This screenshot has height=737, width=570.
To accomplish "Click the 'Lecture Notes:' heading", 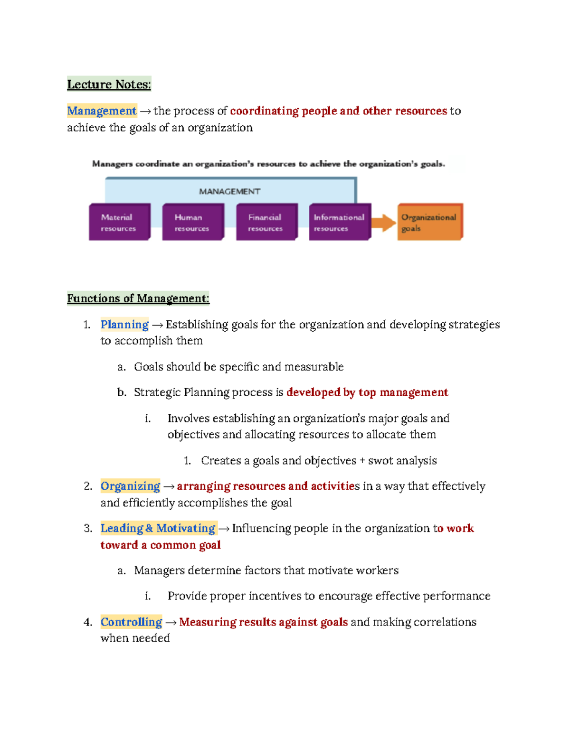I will (x=109, y=84).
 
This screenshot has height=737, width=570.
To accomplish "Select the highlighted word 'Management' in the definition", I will (x=102, y=111).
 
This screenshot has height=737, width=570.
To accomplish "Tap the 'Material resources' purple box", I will (x=119, y=222).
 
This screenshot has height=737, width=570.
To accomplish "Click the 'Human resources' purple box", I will (x=192, y=222).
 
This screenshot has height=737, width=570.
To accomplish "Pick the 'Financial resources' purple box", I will (x=266, y=222).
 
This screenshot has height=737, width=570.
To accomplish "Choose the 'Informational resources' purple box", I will (x=339, y=222).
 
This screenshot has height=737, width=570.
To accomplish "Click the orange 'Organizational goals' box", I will (x=429, y=222).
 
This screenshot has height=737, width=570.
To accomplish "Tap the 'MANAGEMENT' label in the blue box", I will (x=229, y=192).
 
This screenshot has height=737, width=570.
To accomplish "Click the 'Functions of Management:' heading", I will (x=138, y=299).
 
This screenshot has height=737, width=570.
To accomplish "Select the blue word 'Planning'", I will (x=124, y=325).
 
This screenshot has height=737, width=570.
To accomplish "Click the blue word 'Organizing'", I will (x=130, y=486).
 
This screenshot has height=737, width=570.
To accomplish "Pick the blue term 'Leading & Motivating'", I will (x=158, y=529).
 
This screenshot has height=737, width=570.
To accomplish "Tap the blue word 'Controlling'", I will (x=131, y=622).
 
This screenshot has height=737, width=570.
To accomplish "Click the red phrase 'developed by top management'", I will (x=367, y=392).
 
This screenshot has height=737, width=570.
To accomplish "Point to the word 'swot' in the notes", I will (x=380, y=461).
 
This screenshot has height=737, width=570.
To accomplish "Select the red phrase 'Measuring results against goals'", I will (x=263, y=622).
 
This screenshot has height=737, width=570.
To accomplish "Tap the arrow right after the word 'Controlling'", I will (x=171, y=623).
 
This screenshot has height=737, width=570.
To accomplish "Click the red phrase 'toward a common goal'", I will (x=161, y=545).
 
